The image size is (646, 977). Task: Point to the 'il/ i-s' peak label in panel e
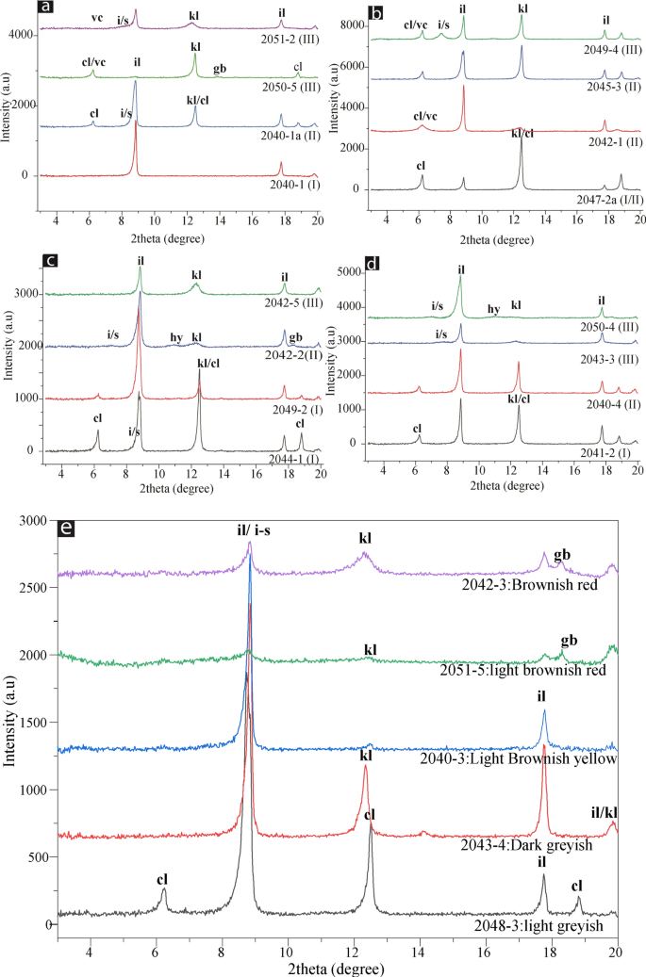pyautogui.click(x=250, y=530)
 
